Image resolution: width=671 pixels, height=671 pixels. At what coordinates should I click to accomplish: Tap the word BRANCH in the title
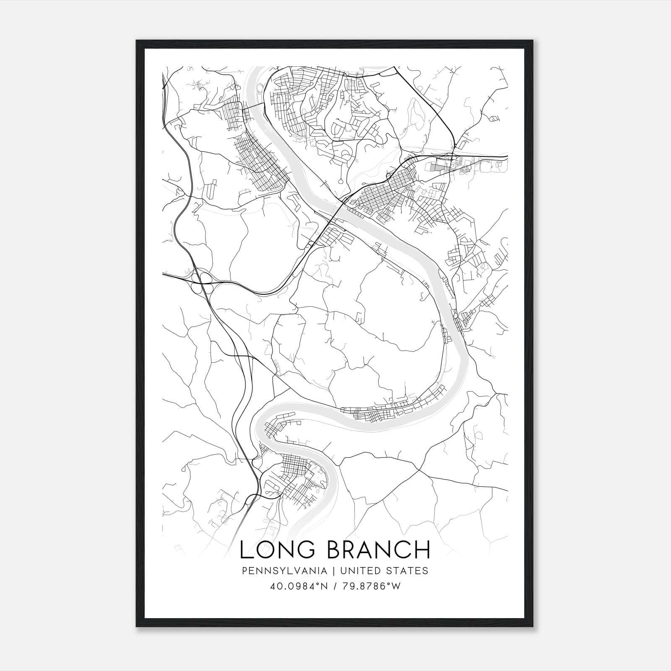(x=379, y=550)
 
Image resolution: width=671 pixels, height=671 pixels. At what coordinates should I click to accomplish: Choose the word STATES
(x=408, y=571)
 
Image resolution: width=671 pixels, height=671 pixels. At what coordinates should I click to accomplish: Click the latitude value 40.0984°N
(x=298, y=586)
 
